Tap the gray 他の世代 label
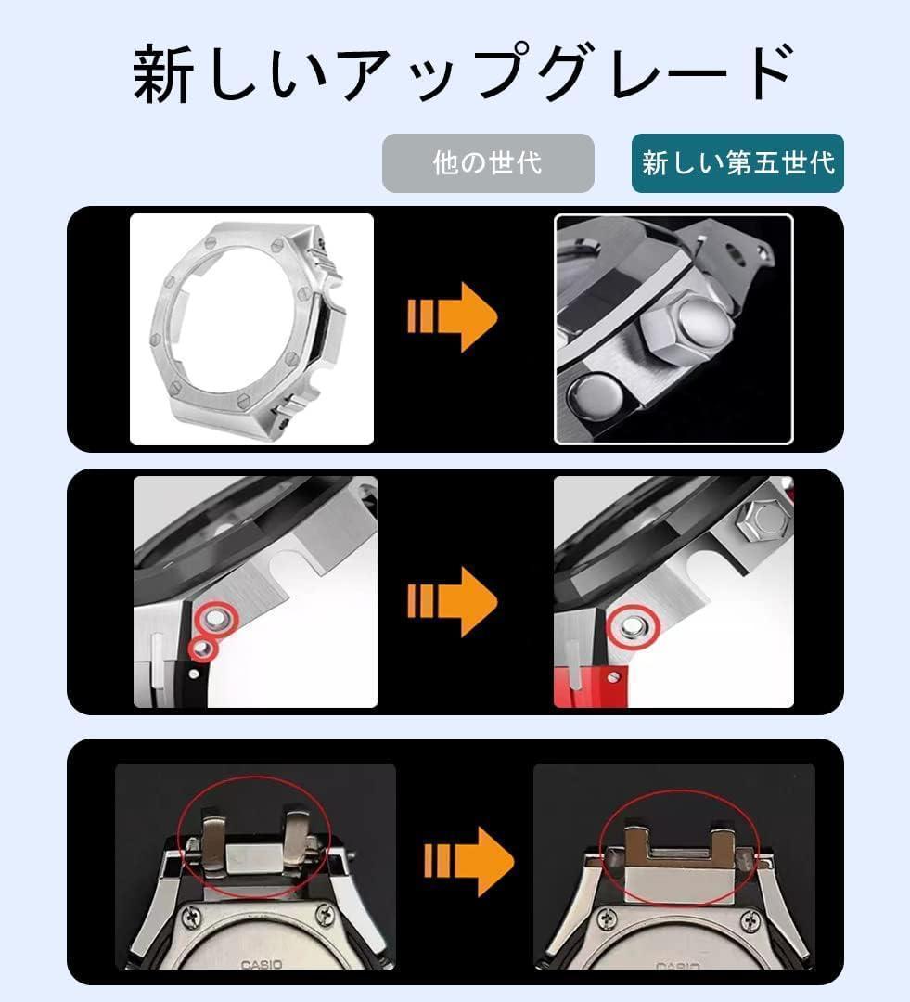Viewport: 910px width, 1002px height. click(488, 163)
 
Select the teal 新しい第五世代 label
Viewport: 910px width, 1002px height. click(737, 163)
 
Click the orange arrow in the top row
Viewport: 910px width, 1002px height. click(453, 317)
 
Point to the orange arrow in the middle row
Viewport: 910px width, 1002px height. click(453, 601)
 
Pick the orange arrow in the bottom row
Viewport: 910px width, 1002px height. click(468, 860)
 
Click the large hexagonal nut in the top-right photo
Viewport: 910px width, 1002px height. click(686, 321)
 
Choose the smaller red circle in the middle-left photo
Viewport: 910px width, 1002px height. click(202, 648)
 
